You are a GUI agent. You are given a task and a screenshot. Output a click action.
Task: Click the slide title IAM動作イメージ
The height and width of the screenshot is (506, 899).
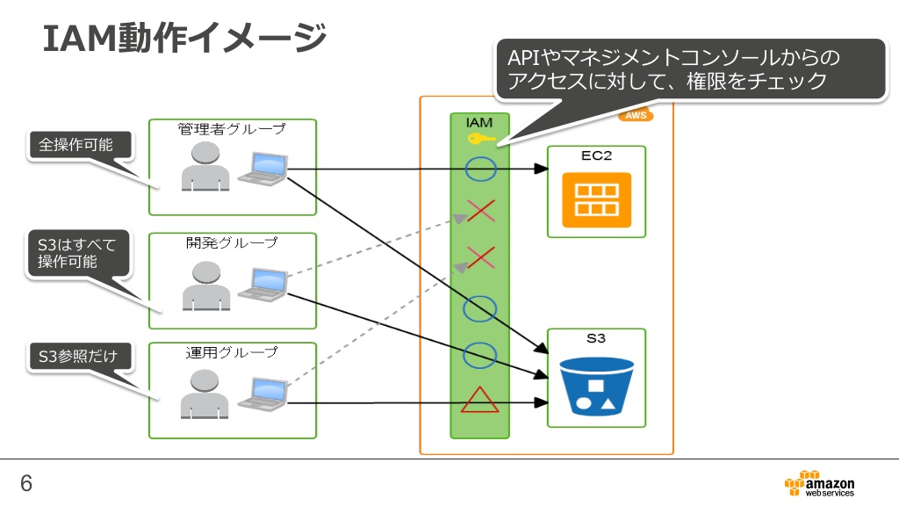[x=184, y=38]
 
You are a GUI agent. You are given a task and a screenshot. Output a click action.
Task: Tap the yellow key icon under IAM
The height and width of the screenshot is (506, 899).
[x=481, y=138]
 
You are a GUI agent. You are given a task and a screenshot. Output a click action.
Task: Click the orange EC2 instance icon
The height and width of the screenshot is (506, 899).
[x=596, y=199]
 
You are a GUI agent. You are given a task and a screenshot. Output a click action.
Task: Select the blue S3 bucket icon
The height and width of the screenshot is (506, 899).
[x=596, y=387]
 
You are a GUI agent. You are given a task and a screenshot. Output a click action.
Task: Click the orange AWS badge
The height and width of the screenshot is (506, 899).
[x=636, y=115]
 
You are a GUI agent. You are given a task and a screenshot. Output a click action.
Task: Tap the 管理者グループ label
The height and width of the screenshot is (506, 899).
[x=232, y=129]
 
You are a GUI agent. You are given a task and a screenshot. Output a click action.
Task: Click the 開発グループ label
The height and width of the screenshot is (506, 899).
[x=232, y=242]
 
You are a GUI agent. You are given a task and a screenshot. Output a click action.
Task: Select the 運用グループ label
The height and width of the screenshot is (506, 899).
[x=232, y=352]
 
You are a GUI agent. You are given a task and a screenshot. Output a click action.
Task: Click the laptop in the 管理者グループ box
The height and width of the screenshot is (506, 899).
[x=263, y=169]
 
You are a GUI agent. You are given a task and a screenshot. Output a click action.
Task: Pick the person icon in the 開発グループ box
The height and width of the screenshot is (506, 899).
[x=206, y=286]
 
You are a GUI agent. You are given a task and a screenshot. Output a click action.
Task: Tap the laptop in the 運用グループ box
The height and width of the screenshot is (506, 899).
[x=263, y=394]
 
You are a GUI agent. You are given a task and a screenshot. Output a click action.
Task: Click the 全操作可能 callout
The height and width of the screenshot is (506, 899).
[x=78, y=145]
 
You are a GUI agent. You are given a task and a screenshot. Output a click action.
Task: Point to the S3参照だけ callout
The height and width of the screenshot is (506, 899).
[x=78, y=357]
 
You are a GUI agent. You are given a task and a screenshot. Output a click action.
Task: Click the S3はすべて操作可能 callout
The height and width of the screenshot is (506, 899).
[x=78, y=253]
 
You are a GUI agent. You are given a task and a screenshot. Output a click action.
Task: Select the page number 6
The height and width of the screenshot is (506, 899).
[x=26, y=484]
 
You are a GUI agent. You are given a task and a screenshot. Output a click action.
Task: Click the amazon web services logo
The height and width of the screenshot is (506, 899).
[x=820, y=484]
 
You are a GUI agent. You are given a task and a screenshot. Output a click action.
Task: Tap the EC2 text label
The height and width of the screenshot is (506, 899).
[x=596, y=155]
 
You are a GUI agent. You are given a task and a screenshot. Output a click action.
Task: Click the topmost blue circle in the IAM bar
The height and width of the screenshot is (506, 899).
[x=480, y=170]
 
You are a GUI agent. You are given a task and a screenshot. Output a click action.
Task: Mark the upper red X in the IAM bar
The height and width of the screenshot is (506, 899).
[x=480, y=211]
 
